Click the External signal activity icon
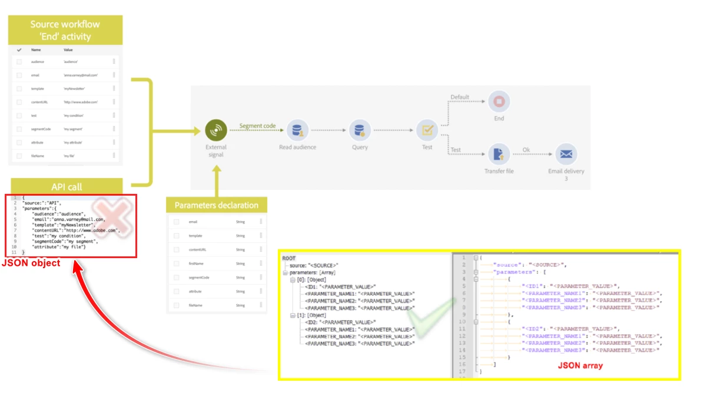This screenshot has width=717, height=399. click(216, 130)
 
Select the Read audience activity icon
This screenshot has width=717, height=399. click(297, 130)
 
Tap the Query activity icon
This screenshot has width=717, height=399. click(359, 130)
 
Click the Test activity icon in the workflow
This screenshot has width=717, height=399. click(427, 130)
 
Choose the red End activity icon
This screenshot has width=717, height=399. click(499, 101)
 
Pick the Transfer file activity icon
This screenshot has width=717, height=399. click(499, 154)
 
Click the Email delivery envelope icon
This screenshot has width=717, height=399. click(566, 154)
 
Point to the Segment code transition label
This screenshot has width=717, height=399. click(257, 126)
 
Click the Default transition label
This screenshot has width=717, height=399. click(460, 97)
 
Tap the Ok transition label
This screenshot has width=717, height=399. click(526, 150)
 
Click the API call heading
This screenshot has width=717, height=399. click(67, 187)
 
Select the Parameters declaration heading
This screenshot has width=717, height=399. click(217, 205)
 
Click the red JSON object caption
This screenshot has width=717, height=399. click(31, 263)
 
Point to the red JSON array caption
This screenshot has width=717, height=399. click(580, 365)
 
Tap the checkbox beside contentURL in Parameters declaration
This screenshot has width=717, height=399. click(176, 249)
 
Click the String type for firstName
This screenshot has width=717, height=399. click(240, 263)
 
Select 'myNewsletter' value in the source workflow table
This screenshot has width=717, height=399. click(75, 88)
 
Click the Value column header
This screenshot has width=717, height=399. click(68, 50)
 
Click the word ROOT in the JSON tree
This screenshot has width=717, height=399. click(289, 258)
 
